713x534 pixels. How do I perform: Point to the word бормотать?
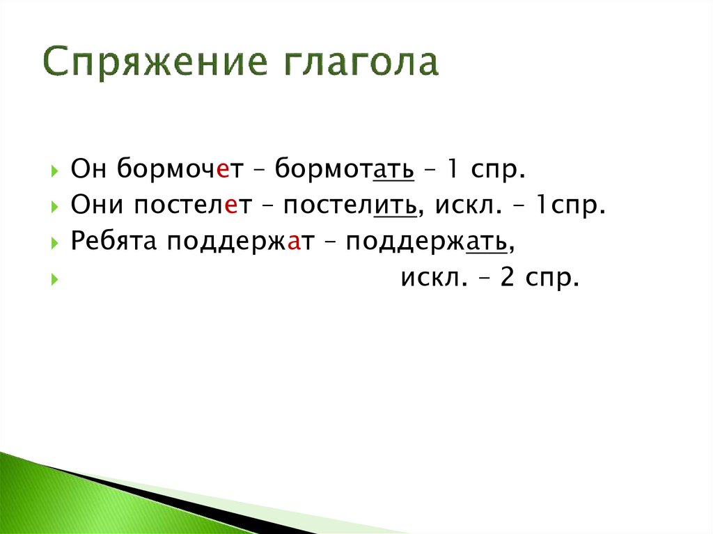point(345,169)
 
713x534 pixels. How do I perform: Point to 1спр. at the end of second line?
point(563,205)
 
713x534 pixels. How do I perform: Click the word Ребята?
point(115,242)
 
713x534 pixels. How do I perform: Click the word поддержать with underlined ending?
point(430,242)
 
